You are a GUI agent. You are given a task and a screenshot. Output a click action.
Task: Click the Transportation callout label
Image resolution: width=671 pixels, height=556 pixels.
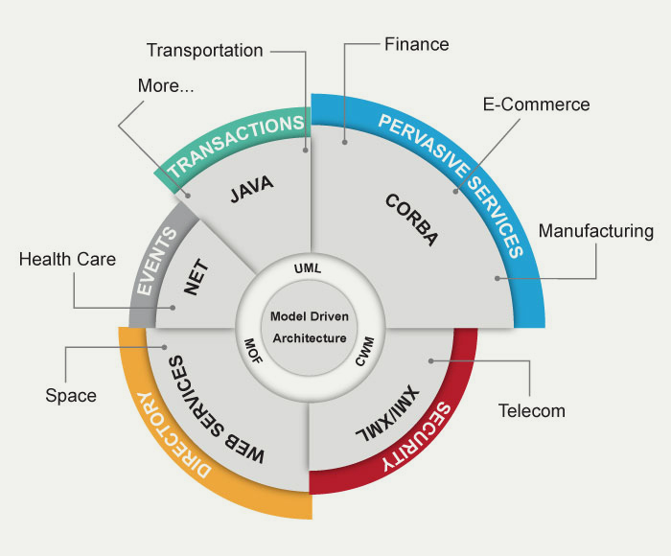coord(204,50)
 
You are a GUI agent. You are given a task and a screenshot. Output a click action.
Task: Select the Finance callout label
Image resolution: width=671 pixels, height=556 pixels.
coord(416,44)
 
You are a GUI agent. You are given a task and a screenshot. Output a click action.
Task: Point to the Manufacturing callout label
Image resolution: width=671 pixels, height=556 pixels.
coord(595,231)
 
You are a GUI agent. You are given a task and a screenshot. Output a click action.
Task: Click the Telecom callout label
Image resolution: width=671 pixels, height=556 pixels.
coord(532,411)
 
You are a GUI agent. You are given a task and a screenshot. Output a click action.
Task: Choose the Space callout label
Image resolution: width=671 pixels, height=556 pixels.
coord(71,395)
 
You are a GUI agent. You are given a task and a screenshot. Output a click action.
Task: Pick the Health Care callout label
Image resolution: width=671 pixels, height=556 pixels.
coord(67,259)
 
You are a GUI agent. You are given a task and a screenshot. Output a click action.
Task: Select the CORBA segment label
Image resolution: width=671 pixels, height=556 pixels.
coord(411,220)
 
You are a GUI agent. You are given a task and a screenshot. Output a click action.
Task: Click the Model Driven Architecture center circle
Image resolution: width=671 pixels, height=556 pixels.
coord(309,327)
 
